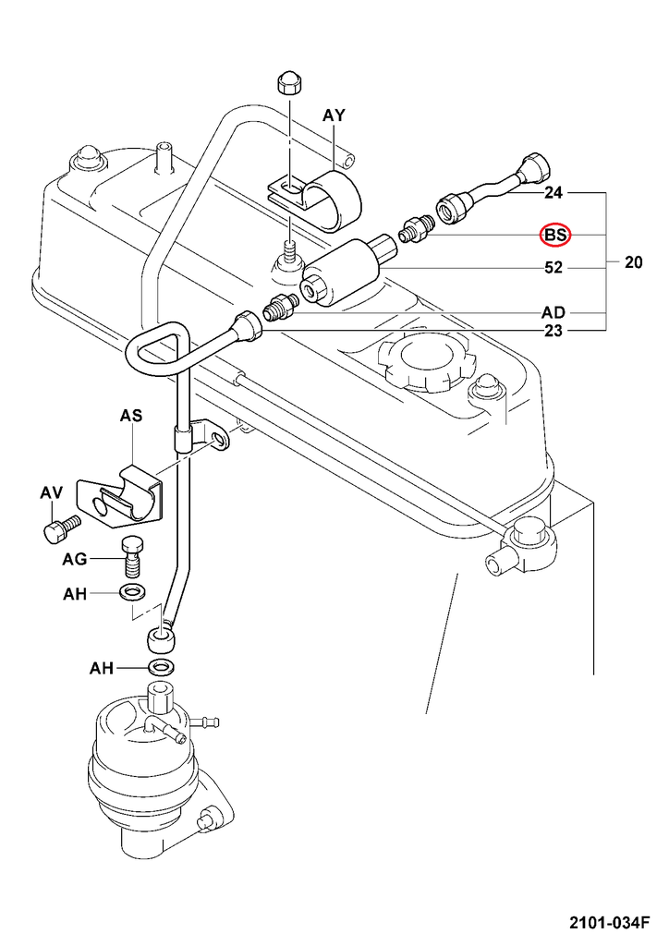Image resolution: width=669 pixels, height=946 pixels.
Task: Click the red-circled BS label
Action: pos(556,236)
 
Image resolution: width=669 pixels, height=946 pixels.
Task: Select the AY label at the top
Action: pos(334,115)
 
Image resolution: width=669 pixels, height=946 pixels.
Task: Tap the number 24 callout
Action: pos(553,193)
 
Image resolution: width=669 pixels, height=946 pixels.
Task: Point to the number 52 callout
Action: pos(553,268)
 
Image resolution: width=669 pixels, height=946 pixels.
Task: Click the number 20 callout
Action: pos(633,262)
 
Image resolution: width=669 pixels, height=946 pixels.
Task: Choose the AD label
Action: pos(553,312)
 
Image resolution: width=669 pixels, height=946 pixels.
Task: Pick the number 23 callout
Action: pos(553,331)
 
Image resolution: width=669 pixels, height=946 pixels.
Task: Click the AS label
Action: pos(131,417)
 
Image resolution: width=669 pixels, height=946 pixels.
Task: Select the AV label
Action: pos(51,493)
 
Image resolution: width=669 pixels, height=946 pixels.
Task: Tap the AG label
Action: pos(75,559)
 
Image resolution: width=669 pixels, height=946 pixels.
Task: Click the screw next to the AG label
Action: pos(132,555)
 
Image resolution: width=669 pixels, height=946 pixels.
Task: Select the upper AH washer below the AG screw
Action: pos(132,591)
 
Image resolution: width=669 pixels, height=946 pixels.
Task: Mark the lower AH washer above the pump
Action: pos(163,667)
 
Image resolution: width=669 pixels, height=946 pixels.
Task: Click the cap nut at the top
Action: pos(287,83)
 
